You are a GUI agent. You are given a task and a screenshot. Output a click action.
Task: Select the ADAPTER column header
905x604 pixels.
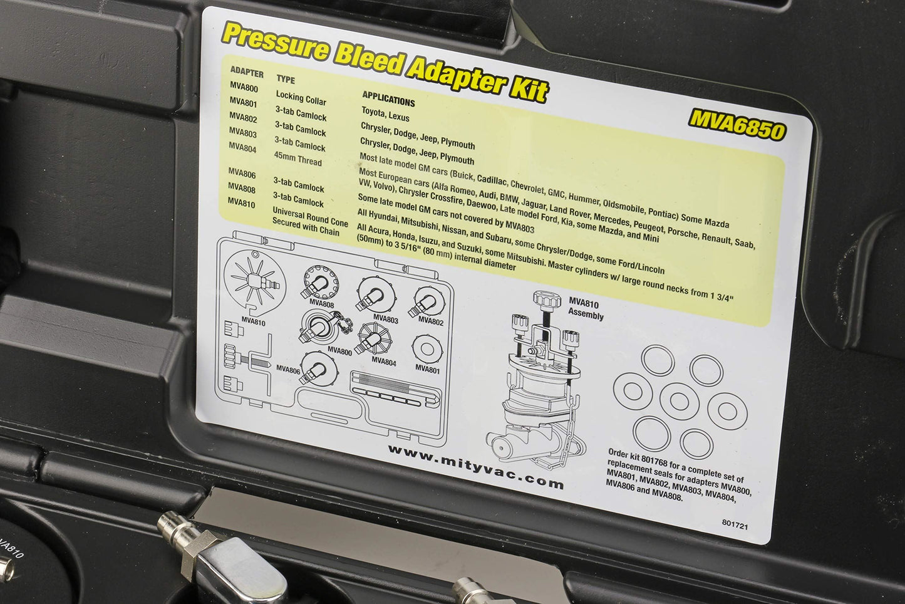247,72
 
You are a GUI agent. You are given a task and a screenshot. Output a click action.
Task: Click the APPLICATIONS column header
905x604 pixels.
389,99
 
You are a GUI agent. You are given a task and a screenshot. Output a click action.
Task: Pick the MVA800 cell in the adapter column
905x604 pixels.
244,87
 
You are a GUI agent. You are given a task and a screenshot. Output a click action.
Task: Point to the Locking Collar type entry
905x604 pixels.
301,98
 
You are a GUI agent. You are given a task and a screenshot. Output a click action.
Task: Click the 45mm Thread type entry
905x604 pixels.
298,159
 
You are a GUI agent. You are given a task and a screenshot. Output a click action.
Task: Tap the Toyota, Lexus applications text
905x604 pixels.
385,115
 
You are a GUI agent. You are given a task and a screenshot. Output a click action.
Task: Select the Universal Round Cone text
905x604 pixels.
310,217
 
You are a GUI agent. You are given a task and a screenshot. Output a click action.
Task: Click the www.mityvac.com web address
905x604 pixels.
476,467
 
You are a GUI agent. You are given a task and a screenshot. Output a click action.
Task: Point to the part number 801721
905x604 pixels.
735,524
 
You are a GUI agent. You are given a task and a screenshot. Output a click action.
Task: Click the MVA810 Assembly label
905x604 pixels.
585,309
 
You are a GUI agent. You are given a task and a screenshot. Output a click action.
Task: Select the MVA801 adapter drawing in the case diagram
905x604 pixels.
427,349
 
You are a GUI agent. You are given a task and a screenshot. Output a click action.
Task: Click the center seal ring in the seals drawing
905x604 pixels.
679,401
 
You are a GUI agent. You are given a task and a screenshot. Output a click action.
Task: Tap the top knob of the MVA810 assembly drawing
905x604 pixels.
547,299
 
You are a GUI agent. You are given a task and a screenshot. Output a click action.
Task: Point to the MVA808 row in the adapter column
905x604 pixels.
242,187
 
